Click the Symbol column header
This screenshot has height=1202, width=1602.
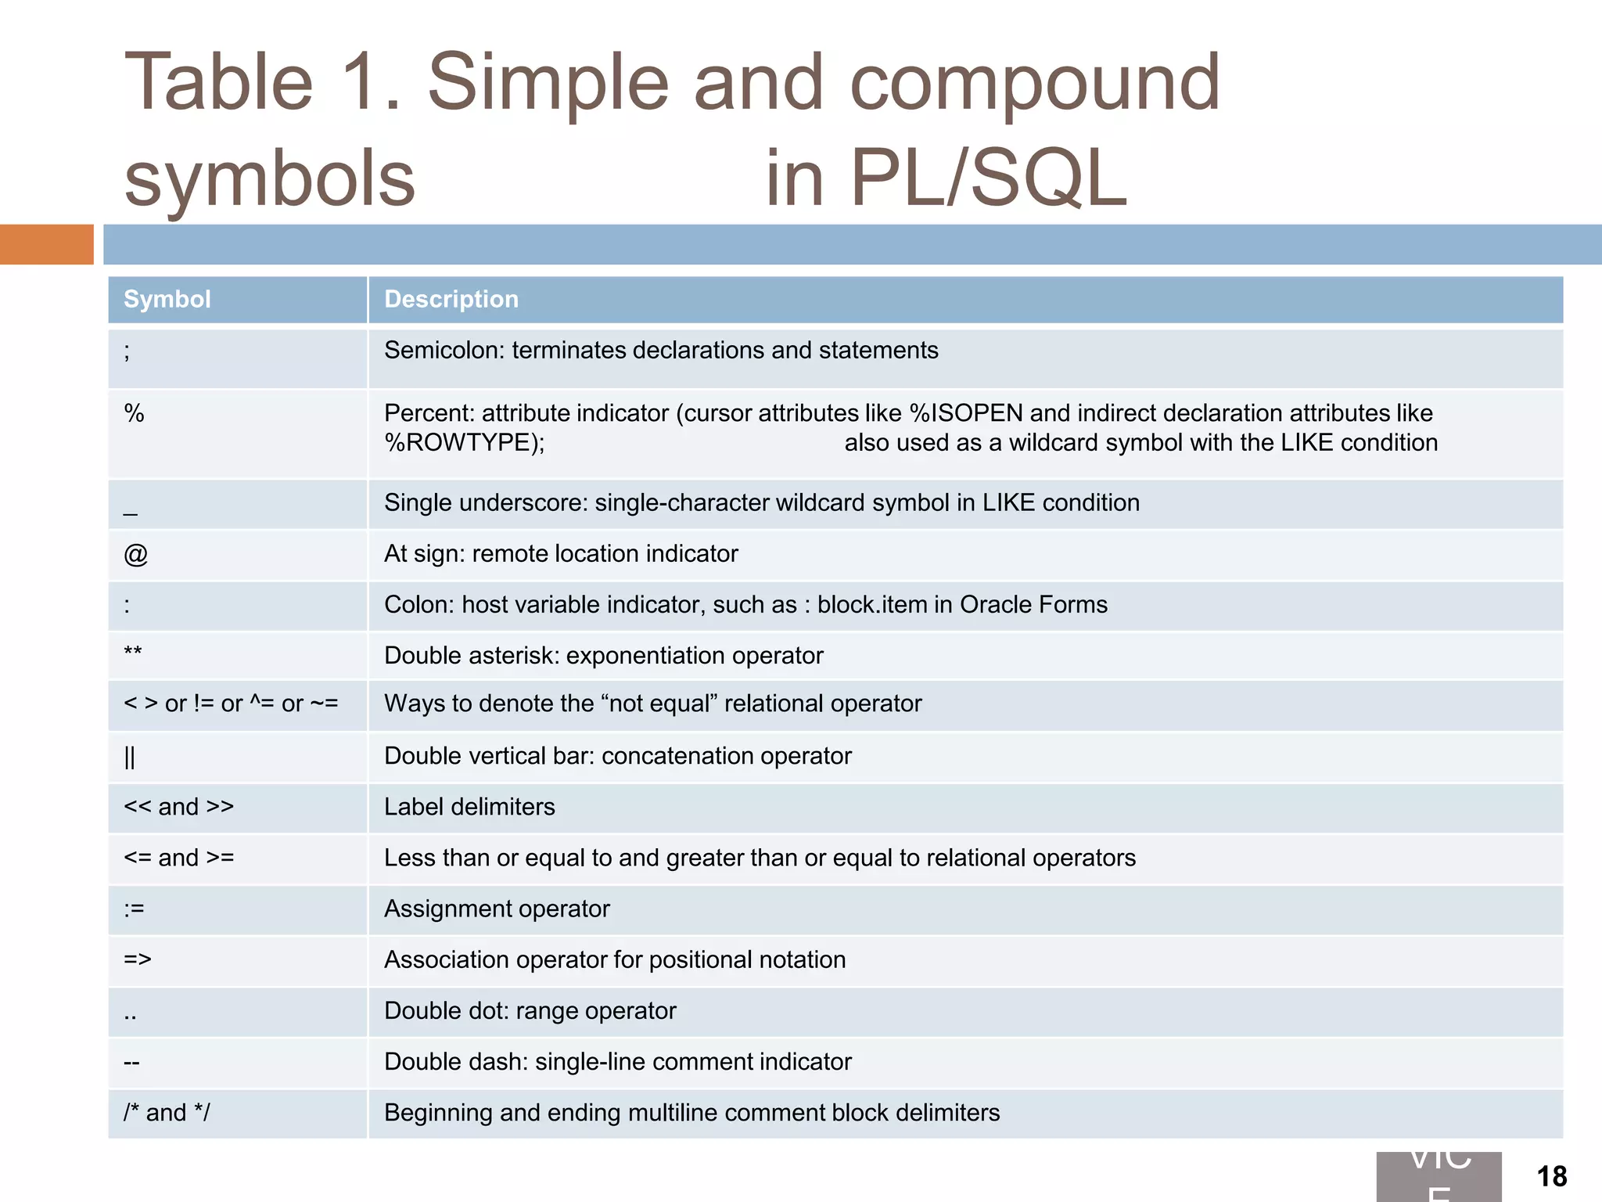click(167, 300)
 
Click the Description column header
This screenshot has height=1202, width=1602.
click(451, 300)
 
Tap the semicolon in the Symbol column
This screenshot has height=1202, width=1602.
click(128, 351)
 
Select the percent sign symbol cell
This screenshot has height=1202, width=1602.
click(135, 413)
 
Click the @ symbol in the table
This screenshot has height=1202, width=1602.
click(135, 554)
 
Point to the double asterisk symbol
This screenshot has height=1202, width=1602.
click(133, 653)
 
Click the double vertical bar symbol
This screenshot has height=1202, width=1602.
click(130, 757)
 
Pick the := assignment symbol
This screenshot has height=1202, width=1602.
click(135, 909)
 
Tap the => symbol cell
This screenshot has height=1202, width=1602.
click(138, 959)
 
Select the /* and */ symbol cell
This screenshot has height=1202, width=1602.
click(167, 1112)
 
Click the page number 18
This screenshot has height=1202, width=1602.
click(1551, 1176)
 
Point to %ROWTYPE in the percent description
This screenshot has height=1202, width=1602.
click(462, 443)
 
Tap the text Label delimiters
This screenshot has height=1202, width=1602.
click(469, 807)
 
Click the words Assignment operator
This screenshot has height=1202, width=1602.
click(497, 909)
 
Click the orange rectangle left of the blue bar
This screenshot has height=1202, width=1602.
click(46, 244)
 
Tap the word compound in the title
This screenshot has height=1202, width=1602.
click(1034, 82)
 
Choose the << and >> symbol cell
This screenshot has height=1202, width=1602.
click(179, 807)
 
